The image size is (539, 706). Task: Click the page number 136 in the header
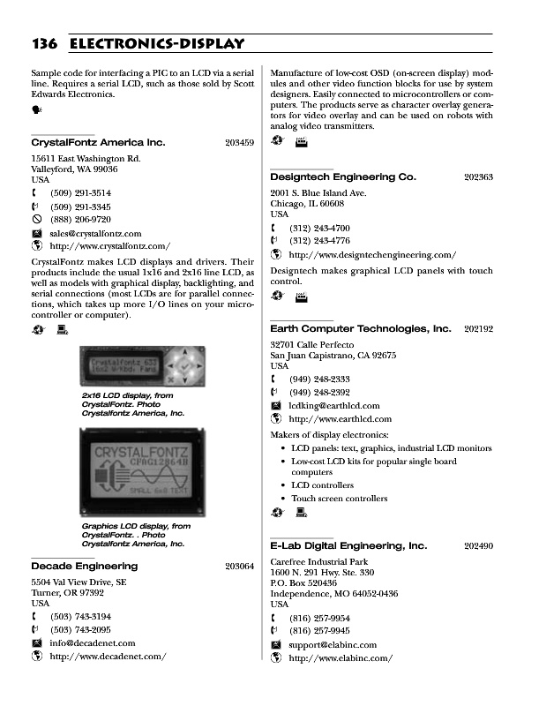44,43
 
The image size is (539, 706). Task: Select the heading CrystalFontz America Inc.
98,142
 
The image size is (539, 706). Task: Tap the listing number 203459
239,142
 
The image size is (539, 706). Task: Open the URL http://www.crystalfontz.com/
110,246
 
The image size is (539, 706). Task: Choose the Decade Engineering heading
85,566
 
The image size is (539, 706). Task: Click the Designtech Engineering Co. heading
343,177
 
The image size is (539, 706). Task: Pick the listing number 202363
478,177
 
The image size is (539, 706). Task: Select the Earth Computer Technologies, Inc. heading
360,329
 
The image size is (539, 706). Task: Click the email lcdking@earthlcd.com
338,406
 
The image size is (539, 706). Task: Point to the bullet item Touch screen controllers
340,499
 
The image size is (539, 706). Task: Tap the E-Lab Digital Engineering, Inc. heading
348,547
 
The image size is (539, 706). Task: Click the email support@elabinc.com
333,645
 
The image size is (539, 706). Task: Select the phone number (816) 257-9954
319,618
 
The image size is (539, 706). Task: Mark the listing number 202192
478,329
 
